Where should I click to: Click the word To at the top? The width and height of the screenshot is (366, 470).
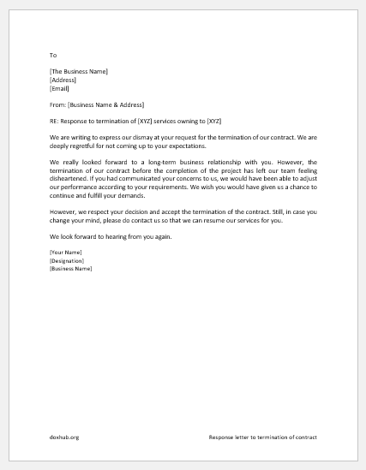(53, 54)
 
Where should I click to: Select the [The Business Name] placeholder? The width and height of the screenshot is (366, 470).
(79, 71)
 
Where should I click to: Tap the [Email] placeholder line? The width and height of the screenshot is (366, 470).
(59, 87)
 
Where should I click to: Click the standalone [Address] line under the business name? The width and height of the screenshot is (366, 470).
(63, 80)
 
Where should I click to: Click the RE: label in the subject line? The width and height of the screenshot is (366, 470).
(55, 121)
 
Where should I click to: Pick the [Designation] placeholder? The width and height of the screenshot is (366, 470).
(68, 260)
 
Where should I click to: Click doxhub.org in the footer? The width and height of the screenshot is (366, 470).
(64, 437)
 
